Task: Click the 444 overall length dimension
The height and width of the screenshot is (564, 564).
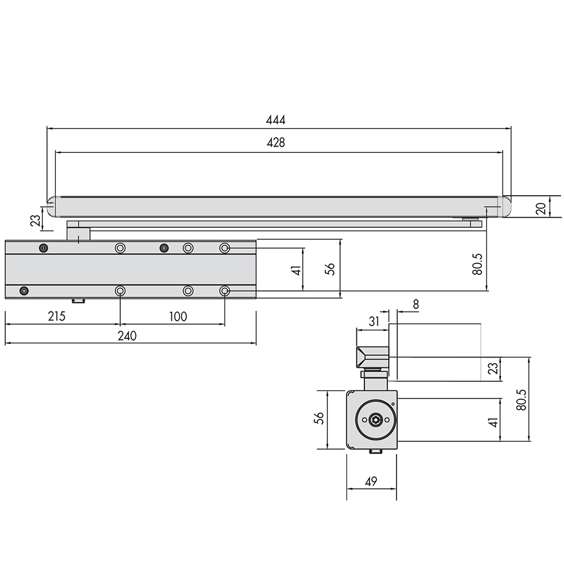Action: (276, 120)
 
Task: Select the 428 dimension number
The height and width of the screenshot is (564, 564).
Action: (276, 143)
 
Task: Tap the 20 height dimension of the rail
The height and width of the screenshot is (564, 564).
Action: (541, 208)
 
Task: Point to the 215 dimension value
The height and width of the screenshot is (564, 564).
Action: (56, 316)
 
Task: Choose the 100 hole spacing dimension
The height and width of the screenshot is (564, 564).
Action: (178, 317)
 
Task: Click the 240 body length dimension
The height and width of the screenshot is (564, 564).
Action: (127, 336)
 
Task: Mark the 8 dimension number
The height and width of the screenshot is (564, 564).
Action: (416, 305)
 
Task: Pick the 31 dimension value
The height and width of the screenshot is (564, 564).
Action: (374, 321)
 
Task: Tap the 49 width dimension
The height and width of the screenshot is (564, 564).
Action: (371, 481)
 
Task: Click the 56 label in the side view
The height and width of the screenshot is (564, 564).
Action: (319, 418)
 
